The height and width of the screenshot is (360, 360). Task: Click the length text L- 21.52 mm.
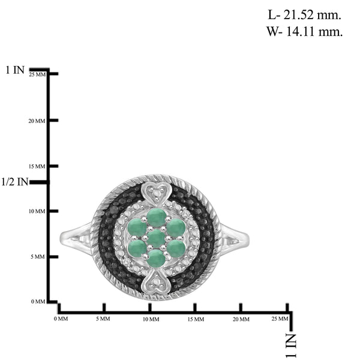(304, 15)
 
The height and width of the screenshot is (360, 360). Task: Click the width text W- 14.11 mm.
(304, 31)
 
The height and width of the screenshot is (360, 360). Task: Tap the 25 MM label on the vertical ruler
(37, 74)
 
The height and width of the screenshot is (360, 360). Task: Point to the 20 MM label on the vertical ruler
(37, 121)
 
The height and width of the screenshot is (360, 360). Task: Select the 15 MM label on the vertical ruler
(37, 166)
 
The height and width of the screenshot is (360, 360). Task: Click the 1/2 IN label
(14, 182)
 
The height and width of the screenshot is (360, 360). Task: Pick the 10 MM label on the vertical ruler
(37, 211)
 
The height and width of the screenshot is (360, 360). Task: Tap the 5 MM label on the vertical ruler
(38, 257)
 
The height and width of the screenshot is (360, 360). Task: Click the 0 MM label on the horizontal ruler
(61, 319)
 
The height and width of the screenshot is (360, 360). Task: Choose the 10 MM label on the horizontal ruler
(151, 319)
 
